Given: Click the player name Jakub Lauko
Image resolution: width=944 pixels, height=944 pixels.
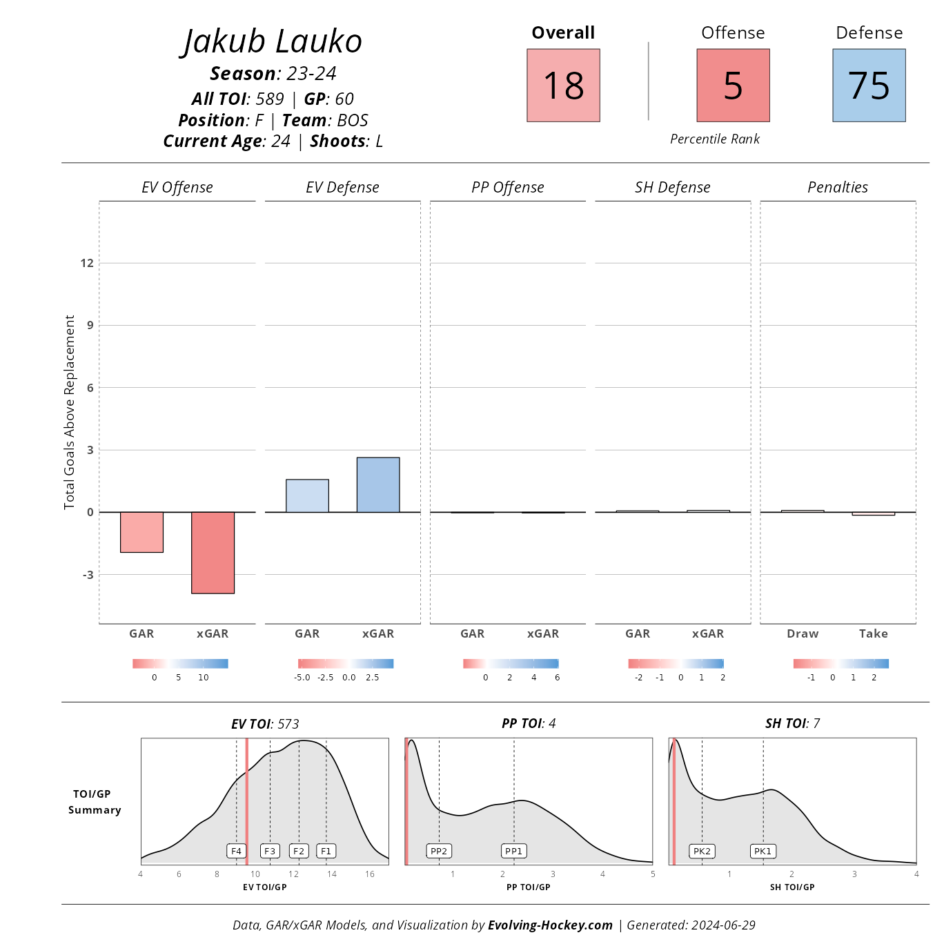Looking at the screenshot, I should (x=272, y=41).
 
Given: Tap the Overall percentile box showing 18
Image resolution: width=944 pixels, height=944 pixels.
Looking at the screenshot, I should (x=563, y=86).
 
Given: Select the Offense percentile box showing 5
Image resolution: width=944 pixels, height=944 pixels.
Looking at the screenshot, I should (x=733, y=86).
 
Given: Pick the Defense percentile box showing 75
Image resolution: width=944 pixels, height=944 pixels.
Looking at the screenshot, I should (x=869, y=86).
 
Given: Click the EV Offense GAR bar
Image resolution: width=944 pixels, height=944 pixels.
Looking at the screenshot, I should (x=141, y=532).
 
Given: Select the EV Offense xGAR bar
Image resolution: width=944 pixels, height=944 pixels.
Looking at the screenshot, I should (x=213, y=552).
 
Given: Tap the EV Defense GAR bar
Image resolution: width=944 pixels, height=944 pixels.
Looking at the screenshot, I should (x=307, y=495).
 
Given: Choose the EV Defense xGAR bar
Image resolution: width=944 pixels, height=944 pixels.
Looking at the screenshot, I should (x=378, y=484).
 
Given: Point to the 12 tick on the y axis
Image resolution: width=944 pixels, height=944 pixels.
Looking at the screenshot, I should (x=87, y=263).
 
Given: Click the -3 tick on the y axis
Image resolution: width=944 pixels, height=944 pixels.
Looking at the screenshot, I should (x=88, y=575).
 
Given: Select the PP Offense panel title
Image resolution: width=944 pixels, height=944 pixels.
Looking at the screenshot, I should (x=508, y=187).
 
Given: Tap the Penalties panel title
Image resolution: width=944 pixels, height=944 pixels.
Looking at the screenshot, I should (x=838, y=187).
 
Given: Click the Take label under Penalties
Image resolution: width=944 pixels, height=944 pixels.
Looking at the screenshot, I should (x=873, y=633).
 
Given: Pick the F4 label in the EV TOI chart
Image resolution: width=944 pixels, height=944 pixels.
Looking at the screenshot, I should (x=237, y=851).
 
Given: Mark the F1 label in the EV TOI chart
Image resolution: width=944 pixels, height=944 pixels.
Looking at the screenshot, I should (x=326, y=851).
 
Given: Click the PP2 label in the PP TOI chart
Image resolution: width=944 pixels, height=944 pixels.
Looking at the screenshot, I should (x=439, y=851).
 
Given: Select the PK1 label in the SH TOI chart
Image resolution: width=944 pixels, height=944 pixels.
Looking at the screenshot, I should (x=763, y=851).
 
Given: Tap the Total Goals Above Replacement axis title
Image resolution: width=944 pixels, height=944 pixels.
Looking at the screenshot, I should (x=69, y=412).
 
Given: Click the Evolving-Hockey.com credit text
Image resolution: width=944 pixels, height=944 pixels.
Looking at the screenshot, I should (x=550, y=925).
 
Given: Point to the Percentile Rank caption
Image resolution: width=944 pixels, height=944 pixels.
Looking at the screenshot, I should (x=715, y=139).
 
